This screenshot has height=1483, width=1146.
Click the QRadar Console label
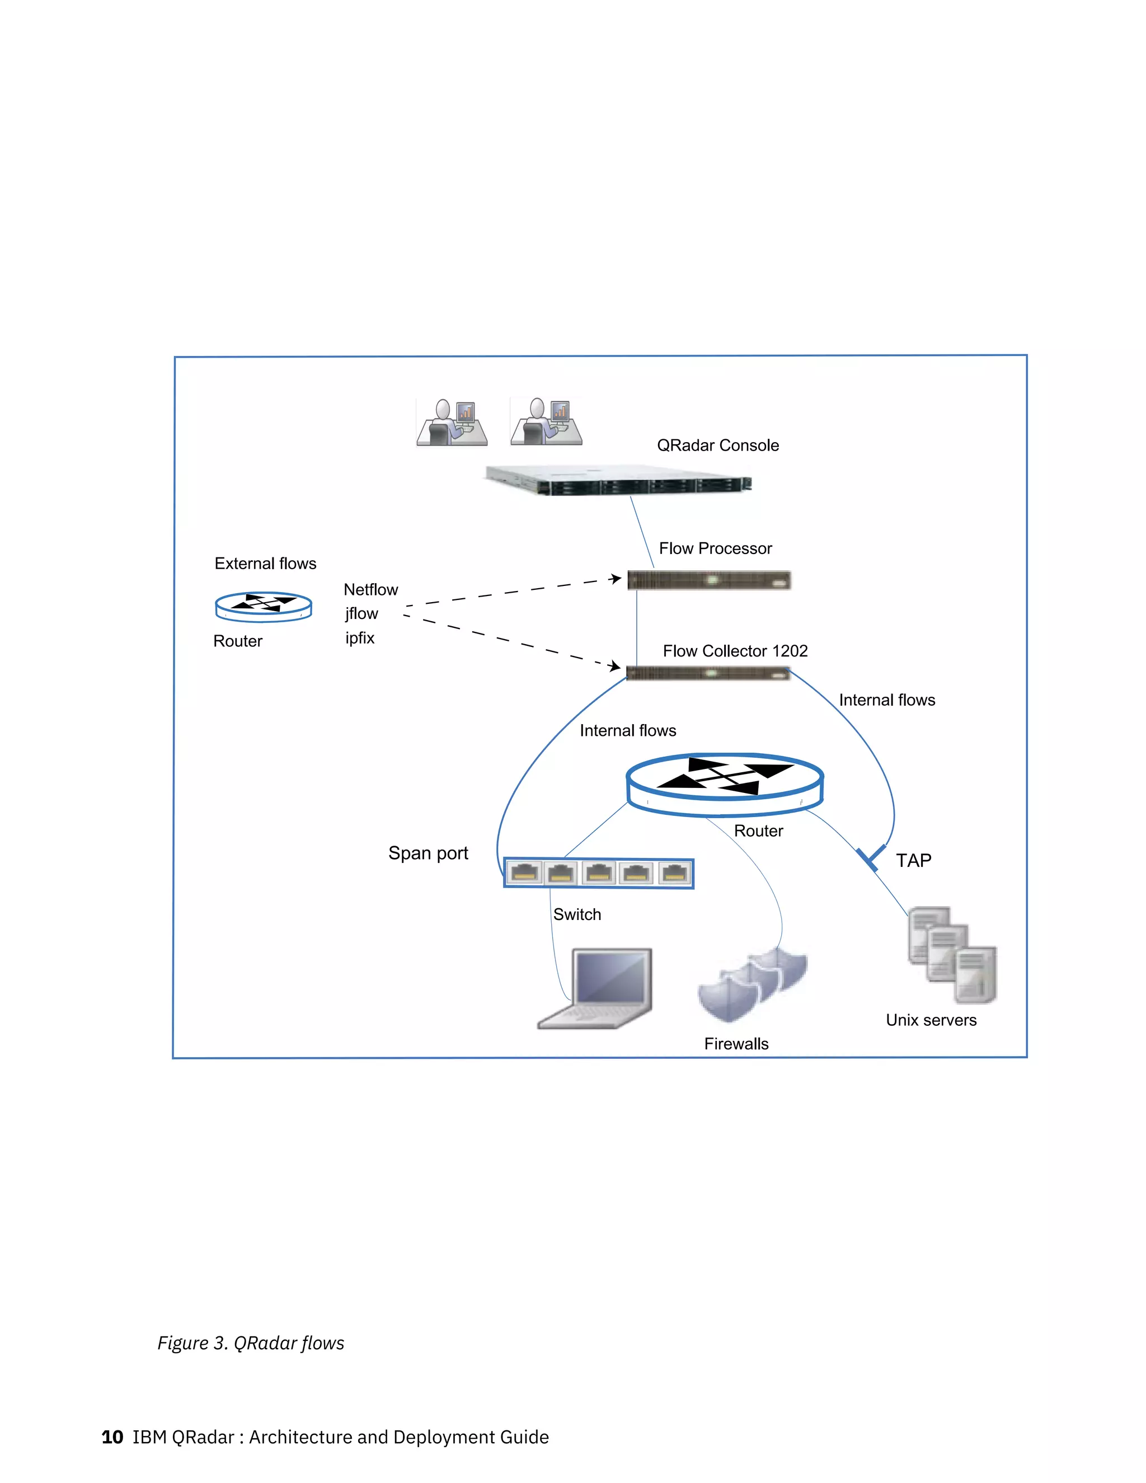point(717,445)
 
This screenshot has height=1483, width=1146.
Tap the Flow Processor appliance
point(709,580)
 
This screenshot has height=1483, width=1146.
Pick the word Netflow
point(370,589)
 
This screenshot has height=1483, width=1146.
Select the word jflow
point(361,614)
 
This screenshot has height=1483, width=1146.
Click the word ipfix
point(359,639)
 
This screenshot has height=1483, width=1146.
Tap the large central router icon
point(725,783)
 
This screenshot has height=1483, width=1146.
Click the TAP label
point(913,860)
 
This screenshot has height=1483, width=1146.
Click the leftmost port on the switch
point(524,872)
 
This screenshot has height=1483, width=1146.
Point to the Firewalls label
point(736,1044)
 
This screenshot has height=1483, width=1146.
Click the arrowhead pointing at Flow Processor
point(615,579)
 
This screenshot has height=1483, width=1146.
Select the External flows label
point(265,564)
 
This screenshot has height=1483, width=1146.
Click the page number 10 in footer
point(112,1437)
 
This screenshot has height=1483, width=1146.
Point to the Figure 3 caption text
point(251,1343)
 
